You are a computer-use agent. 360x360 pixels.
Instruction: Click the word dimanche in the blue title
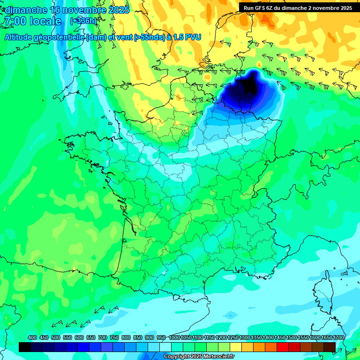click(26, 10)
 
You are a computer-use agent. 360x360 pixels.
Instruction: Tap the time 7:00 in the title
click(14, 21)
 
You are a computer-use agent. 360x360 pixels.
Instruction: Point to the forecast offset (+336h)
click(83, 21)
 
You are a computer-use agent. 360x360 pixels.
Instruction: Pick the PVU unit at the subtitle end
click(193, 37)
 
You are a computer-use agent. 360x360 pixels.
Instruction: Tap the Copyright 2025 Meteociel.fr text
click(199, 357)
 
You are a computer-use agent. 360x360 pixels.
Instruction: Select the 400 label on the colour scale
click(32, 338)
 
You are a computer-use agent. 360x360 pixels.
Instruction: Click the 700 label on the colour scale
click(103, 338)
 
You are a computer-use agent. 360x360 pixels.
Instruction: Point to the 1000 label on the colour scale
click(174, 338)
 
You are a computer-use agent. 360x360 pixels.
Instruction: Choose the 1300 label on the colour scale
click(245, 338)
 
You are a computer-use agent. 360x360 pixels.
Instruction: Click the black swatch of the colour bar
click(25, 347)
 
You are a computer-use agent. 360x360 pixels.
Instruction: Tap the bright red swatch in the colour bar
click(283, 347)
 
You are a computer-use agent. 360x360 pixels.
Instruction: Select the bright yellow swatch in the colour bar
click(236, 347)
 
